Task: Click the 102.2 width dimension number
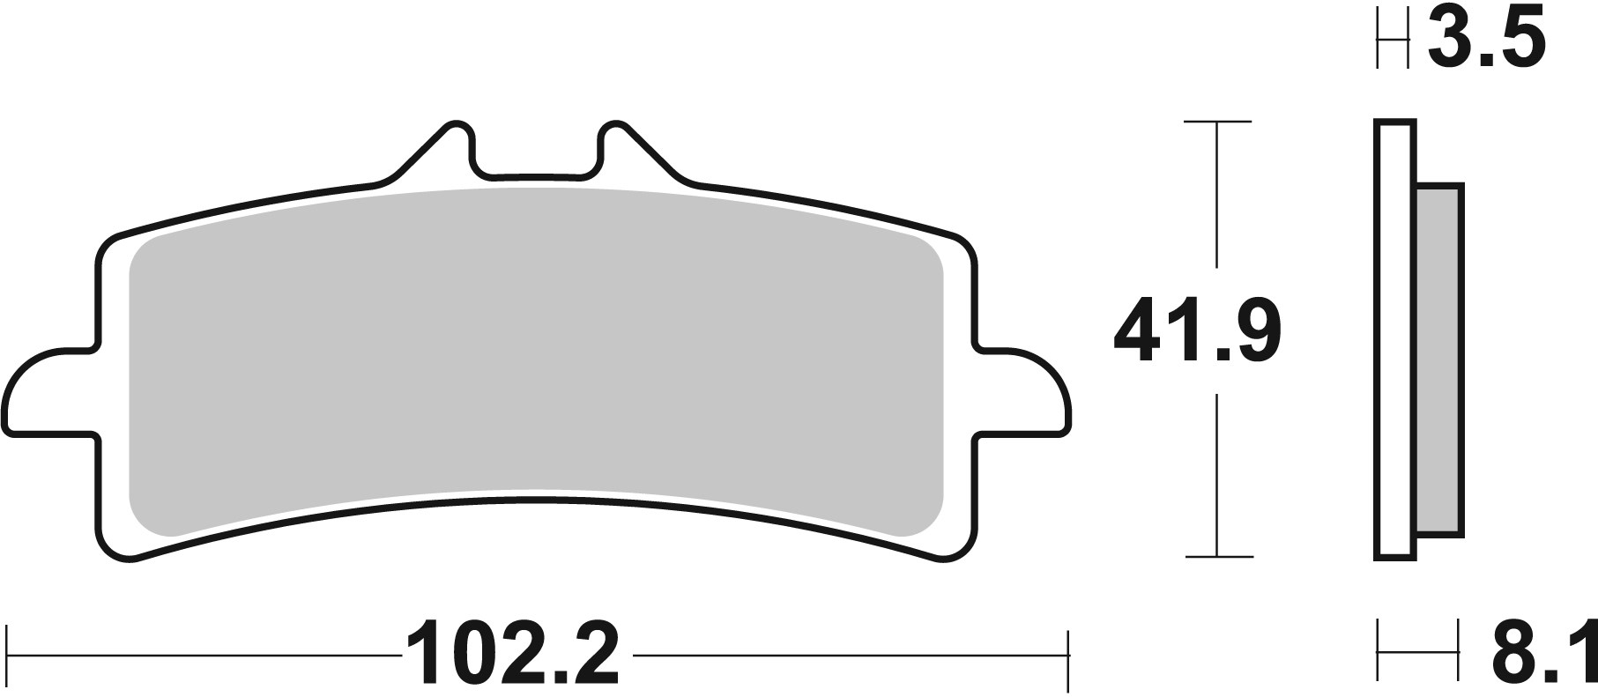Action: [512, 656]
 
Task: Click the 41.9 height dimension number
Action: [1197, 331]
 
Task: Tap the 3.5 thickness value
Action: [1485, 39]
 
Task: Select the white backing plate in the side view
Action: [1394, 339]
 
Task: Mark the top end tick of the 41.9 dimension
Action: [1217, 122]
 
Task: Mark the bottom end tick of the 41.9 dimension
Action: [1217, 557]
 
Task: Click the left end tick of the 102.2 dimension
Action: [8, 656]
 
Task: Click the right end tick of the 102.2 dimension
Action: [1068, 656]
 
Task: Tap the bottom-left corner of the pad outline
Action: [123, 550]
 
